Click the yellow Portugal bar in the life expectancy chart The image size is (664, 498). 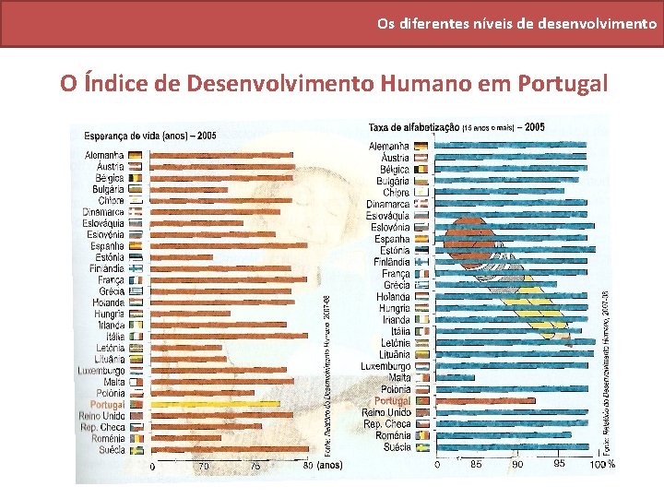coord(212,404)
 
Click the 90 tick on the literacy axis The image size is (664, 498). coord(517,464)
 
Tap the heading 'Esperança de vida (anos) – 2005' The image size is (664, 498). coord(150,136)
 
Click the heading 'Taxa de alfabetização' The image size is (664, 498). coord(412,127)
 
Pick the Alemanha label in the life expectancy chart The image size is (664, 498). coord(104,155)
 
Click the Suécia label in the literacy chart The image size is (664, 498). coord(393,447)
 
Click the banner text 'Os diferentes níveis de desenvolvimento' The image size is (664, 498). coord(516,23)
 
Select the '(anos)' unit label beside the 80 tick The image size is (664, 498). coord(329,466)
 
